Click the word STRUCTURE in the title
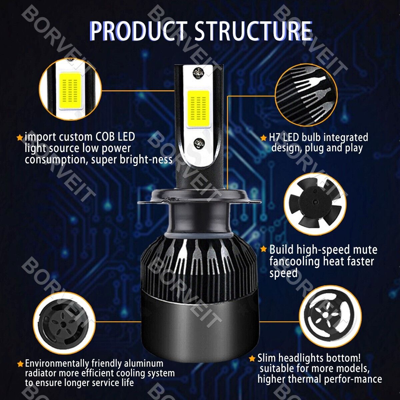coord(254,31)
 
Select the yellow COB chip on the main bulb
coord(198,109)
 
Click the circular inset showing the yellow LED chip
coord(70,89)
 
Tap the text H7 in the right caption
coord(275,137)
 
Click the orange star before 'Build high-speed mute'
coord(263,249)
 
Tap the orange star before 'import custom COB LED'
coord(20,137)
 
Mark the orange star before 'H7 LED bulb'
coord(263,138)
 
